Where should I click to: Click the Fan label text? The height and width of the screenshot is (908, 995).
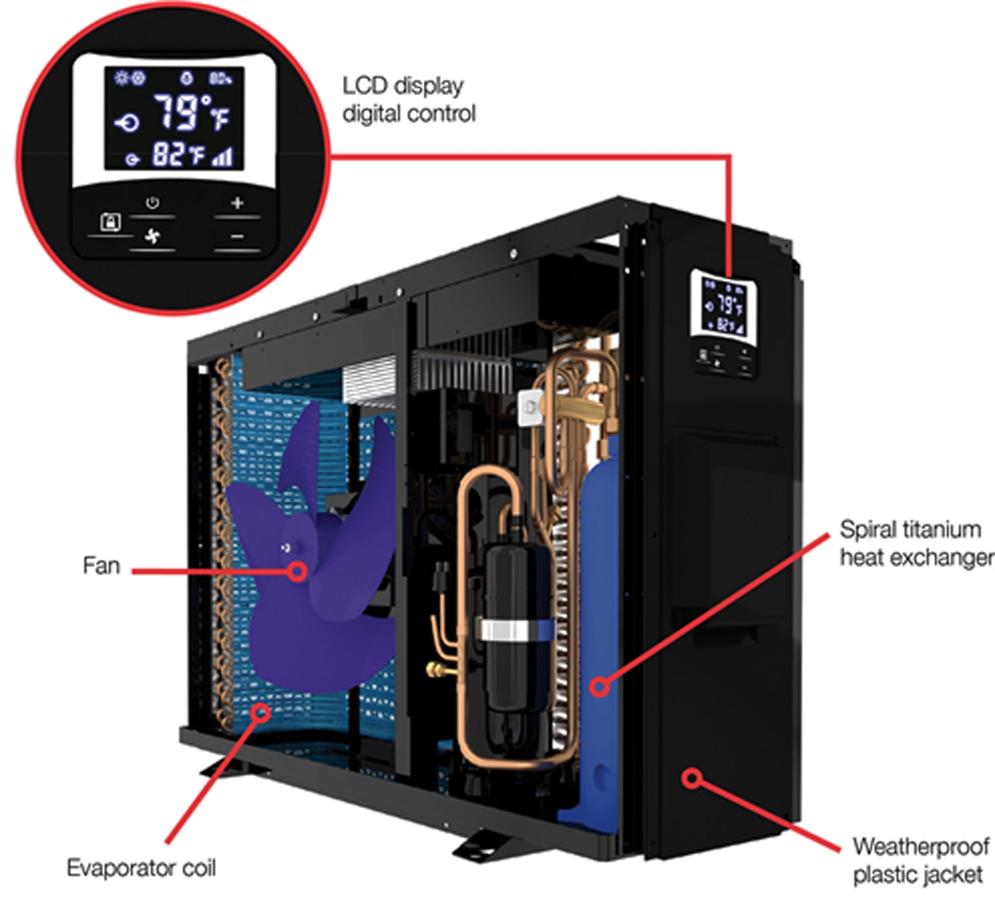click(x=101, y=566)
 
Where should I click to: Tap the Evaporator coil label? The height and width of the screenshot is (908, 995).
click(x=141, y=868)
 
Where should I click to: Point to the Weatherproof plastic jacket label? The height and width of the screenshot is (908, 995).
click(x=919, y=861)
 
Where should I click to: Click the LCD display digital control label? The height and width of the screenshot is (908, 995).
click(x=409, y=99)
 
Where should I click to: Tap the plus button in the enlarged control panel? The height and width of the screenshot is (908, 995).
click(x=237, y=203)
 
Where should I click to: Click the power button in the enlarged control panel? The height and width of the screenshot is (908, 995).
click(x=152, y=203)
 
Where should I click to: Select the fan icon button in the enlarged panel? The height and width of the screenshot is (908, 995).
click(x=152, y=236)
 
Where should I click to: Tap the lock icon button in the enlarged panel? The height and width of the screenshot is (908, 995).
click(x=110, y=222)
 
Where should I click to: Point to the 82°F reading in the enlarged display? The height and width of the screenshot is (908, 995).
click(x=178, y=155)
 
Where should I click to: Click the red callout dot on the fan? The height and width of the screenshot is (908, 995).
click(x=298, y=571)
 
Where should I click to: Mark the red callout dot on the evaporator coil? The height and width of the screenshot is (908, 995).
click(x=262, y=711)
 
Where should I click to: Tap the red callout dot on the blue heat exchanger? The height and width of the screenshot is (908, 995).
click(x=599, y=687)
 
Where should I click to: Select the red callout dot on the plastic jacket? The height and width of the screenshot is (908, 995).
click(x=692, y=778)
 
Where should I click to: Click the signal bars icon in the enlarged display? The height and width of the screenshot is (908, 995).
click(x=223, y=157)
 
